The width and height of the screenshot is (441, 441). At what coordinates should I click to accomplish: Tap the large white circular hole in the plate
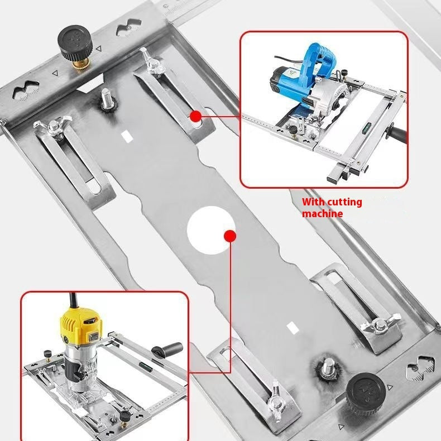click(211, 230)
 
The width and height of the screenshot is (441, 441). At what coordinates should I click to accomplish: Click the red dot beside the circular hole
click(230, 236)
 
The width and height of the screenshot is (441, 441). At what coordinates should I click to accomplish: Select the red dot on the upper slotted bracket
click(196, 116)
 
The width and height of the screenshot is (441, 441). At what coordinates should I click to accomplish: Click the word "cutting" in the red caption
click(345, 202)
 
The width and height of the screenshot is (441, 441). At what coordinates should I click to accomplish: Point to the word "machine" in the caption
click(322, 213)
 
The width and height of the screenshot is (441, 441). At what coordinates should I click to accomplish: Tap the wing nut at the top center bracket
click(151, 61)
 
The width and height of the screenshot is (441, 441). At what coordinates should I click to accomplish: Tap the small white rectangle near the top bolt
click(127, 137)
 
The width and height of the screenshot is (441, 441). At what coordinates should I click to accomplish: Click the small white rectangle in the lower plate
click(293, 328)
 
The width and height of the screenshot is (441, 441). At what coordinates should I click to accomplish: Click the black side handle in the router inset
click(167, 349)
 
